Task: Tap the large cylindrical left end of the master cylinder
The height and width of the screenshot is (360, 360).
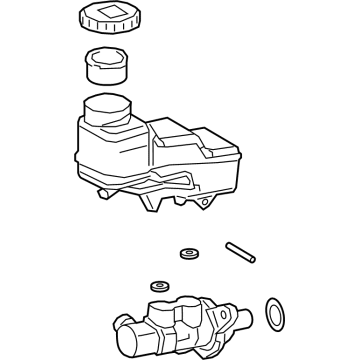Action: (126, 337)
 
